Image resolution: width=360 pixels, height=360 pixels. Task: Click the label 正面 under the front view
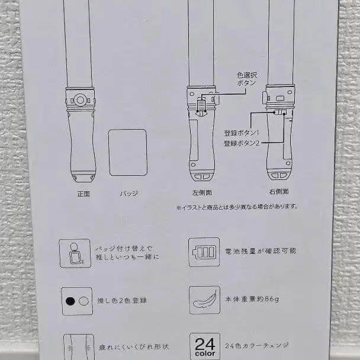click(83, 194)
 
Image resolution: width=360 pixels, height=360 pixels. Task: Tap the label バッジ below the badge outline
click(129, 194)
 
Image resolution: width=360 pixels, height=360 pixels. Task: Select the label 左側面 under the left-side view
click(202, 192)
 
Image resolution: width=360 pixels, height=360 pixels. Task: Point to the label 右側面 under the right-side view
click(279, 192)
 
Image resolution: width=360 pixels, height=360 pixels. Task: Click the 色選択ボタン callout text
click(247, 79)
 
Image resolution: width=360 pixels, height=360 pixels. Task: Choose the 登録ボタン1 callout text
click(242, 133)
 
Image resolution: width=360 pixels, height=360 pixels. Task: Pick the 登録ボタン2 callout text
click(242, 143)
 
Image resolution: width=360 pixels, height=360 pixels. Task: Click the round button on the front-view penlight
click(80, 100)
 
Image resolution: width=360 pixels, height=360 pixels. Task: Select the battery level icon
click(204, 252)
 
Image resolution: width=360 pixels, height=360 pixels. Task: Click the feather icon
click(204, 300)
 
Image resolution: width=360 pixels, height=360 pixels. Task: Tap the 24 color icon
click(205, 346)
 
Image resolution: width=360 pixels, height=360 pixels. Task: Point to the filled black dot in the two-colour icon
click(70, 301)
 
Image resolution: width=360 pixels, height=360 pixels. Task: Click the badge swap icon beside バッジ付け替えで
click(75, 253)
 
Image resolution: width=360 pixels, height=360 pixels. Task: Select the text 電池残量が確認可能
click(261, 251)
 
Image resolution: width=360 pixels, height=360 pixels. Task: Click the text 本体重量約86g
click(252, 299)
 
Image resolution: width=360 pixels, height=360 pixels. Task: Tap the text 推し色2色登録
click(122, 301)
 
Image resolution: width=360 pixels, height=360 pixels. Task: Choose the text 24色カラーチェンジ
click(257, 346)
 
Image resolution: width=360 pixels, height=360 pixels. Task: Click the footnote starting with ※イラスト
click(237, 207)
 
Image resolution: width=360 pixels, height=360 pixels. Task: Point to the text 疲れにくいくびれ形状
click(134, 347)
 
